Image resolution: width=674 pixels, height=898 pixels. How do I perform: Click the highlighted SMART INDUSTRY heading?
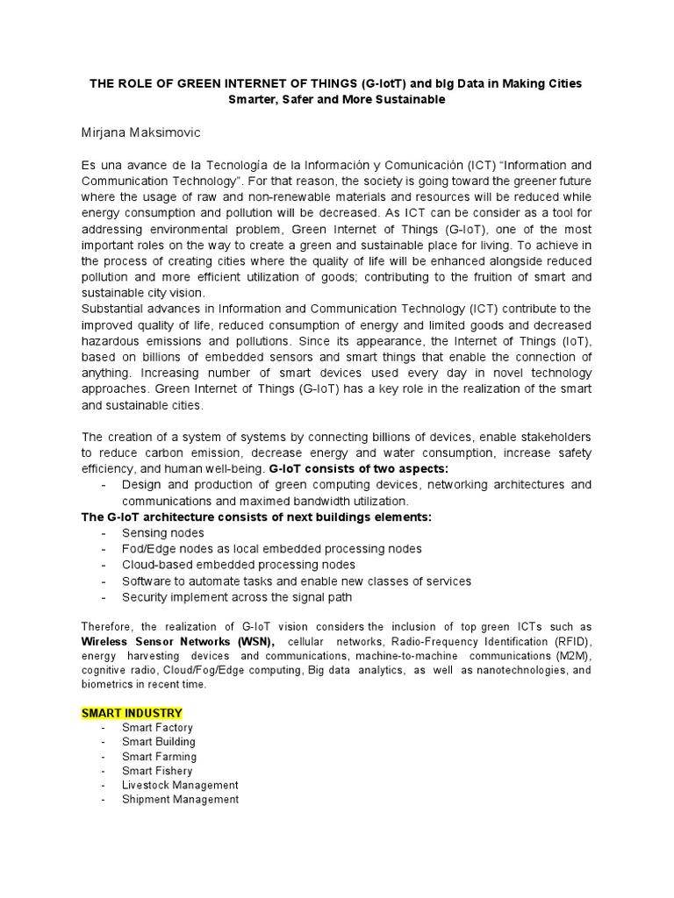point(132,712)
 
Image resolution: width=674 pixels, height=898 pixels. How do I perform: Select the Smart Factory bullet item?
point(157,728)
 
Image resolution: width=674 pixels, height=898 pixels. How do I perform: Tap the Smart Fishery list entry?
point(157,771)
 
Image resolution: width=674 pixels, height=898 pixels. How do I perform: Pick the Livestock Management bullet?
point(180,785)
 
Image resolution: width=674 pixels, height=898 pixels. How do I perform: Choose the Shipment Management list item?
point(180,800)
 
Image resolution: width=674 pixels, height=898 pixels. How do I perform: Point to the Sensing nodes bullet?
point(162,533)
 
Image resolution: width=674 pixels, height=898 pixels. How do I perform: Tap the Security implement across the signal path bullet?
point(237,596)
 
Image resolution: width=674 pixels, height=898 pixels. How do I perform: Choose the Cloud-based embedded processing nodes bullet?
point(239,565)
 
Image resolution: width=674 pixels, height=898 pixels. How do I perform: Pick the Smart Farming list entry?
point(159,757)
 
